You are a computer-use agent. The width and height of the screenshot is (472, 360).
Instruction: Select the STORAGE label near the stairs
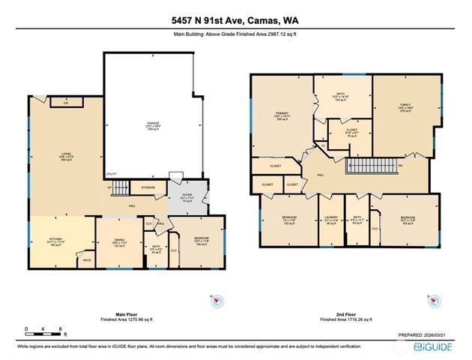tap(148, 188)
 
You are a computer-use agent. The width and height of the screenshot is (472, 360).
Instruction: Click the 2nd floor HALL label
tap(320, 174)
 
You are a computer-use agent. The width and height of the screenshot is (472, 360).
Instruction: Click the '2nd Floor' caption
tap(342, 315)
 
